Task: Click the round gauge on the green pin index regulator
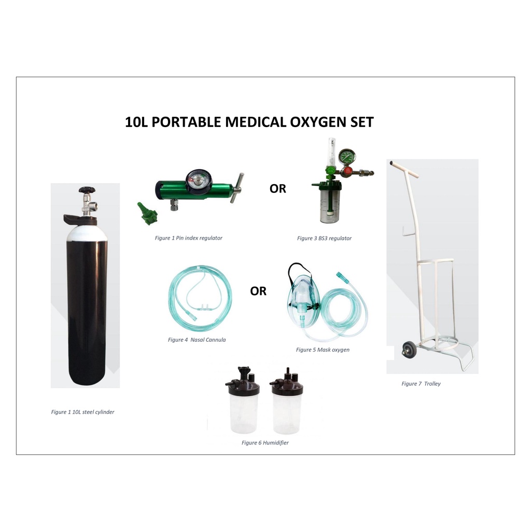[196, 179]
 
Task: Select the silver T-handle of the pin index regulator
[236, 189]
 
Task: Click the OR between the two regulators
[277, 189]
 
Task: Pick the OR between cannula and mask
[258, 291]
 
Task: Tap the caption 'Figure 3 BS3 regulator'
[324, 239]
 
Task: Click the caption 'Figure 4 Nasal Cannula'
[197, 340]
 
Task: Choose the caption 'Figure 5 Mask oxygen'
[323, 350]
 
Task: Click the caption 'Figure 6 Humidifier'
[265, 443]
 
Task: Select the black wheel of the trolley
[406, 351]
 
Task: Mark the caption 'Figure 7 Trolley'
[421, 384]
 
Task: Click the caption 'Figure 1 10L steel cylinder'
[82, 412]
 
